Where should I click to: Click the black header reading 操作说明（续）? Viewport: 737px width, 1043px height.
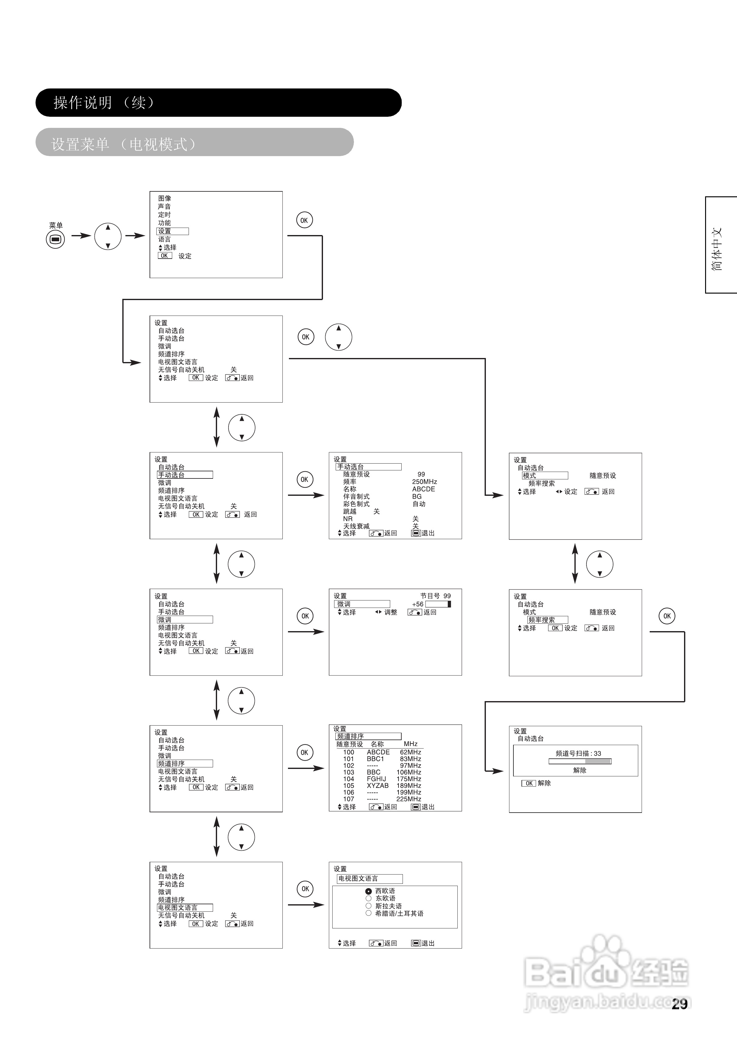coord(218,103)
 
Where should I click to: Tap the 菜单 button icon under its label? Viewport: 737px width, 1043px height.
coord(55,239)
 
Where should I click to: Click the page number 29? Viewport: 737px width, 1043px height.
coord(679,1004)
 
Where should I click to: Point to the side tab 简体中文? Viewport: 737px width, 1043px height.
coord(717,249)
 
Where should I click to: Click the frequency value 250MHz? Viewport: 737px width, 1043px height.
coord(424,482)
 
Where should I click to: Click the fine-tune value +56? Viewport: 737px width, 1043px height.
coord(417,604)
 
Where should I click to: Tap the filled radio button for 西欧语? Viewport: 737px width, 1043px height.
coord(368,891)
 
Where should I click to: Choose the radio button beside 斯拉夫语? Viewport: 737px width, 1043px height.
coord(368,906)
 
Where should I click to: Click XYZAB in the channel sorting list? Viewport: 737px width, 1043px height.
coord(377,785)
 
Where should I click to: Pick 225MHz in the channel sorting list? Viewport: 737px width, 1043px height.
coord(408,799)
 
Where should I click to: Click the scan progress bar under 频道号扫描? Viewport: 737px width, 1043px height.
coord(580,762)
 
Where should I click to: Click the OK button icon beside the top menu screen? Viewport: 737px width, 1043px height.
coord(304,220)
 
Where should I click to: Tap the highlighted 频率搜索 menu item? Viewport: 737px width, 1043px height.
coord(547,620)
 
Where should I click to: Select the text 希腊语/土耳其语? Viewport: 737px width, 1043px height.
coord(399,913)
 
